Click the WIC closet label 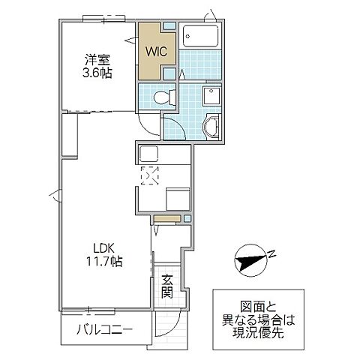tap(157, 53)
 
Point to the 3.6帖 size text tap(97, 74)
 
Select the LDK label tap(104, 247)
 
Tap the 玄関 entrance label tap(167, 287)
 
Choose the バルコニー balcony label tap(105, 330)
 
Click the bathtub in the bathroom tap(200, 37)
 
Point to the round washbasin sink tap(211, 127)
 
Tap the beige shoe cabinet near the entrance tap(166, 219)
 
